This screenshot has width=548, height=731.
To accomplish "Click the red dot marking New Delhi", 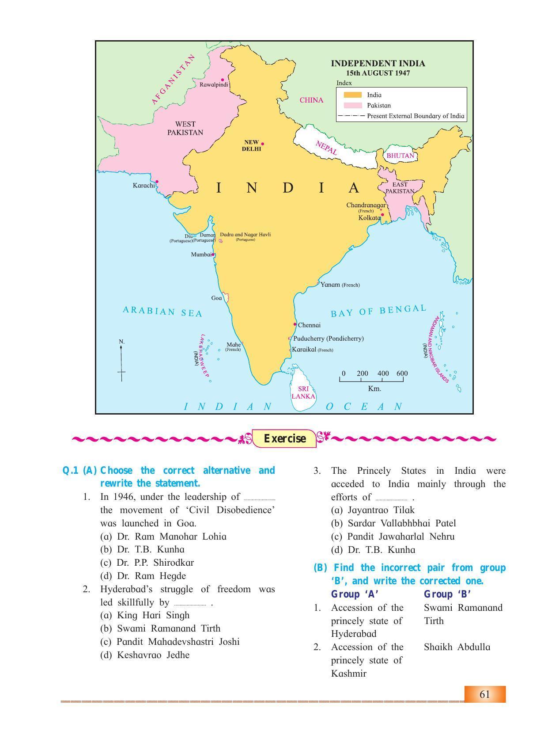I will coord(263,144).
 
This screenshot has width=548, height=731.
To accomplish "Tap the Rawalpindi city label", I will coord(214,84).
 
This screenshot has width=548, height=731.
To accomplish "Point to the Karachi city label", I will coord(144,185).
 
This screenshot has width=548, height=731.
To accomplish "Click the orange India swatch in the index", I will coord(353,95).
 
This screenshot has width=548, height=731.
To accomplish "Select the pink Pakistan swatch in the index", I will coord(353,105).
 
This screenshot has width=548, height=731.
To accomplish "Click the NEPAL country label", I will coord(326,148).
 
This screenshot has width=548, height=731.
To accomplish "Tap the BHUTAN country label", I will coord(400,156).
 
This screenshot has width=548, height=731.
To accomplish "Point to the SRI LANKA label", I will coord(303,392).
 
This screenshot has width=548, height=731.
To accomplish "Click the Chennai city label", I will coord(309,325).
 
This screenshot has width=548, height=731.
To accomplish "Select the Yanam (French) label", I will coord(340,285).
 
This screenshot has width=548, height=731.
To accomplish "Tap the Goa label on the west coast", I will coord(216,298).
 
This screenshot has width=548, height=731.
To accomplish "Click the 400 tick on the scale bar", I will coord(383,373).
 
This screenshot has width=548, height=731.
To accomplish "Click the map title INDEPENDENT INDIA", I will coord(378,63).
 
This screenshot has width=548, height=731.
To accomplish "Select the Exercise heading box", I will coord(284,438).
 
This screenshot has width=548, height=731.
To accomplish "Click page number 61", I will coord(484,694).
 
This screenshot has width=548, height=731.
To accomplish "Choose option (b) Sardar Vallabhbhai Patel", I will coord(393,523).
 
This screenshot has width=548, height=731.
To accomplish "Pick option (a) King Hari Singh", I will coord(145,615).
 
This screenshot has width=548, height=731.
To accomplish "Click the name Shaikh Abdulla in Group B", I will coord(457,647).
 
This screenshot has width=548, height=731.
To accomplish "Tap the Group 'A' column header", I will coord(355,594).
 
